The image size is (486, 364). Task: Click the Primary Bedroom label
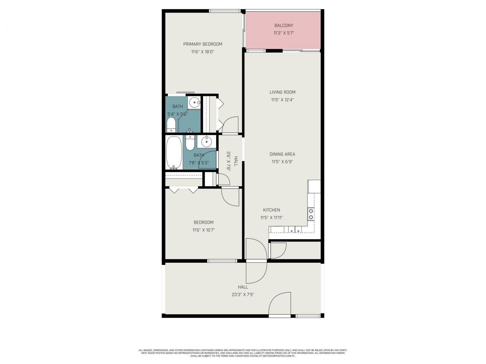202,44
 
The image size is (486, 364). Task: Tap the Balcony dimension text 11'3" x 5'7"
284,33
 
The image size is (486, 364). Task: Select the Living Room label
282,92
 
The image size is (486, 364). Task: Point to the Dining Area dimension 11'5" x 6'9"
282,162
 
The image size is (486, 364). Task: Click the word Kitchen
271,210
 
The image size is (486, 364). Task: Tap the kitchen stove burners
311,214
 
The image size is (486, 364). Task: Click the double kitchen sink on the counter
293,229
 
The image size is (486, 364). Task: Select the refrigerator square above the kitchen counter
314,186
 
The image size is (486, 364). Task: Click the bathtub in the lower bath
174,152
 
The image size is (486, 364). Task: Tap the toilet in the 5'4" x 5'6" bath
171,125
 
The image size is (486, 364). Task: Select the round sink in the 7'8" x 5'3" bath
207,142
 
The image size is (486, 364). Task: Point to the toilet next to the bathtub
190,142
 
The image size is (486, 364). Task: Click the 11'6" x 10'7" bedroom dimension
204,230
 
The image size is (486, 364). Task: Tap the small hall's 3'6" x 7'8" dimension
229,162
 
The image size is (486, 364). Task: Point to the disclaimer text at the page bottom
243,353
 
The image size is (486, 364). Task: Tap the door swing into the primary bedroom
231,125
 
